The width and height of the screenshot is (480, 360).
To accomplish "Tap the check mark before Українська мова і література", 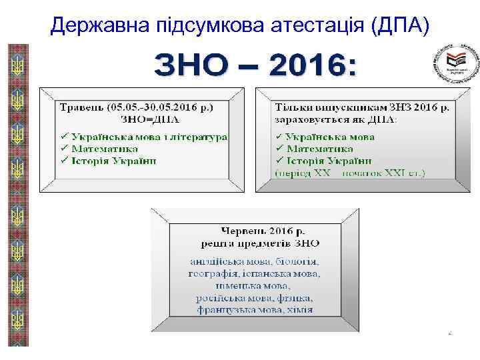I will (64, 137).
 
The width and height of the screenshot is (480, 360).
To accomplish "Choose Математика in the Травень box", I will (104, 149).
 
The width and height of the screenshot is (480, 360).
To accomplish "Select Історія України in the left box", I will (113, 161).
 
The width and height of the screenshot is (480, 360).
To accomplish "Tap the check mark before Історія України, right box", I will (280, 161).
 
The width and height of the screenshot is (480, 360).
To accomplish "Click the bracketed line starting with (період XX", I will (350, 173).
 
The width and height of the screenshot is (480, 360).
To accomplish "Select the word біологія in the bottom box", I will (295, 261).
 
